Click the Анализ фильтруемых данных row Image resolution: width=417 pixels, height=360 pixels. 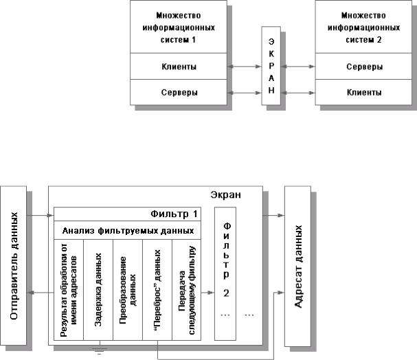(128, 229)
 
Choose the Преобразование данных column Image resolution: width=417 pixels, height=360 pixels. (128, 288)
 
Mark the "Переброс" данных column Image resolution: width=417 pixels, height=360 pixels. (157, 288)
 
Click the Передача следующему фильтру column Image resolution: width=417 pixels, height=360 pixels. (186, 288)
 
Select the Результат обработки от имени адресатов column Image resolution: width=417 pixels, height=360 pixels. (69, 288)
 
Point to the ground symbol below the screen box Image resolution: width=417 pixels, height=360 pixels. (98, 352)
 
